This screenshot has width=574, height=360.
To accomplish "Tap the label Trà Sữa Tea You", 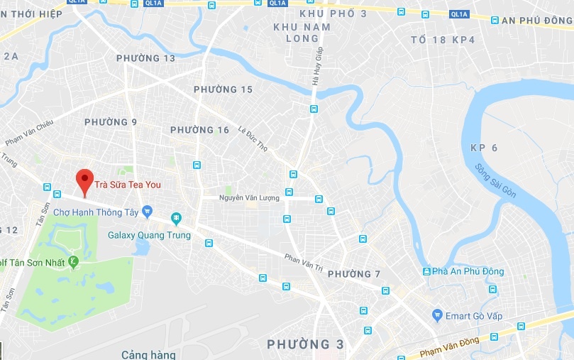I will [132, 185].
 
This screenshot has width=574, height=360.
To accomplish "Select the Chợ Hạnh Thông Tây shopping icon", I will [147, 211].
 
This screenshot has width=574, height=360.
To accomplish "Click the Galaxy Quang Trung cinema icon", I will [176, 219].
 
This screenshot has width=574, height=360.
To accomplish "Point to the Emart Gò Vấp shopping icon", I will [437, 315].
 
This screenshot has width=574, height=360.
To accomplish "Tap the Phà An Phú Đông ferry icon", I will [426, 271].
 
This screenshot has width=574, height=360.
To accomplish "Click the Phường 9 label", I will [111, 122].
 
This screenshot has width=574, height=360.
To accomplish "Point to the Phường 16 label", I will [200, 130].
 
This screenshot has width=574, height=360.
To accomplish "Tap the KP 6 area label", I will [484, 148].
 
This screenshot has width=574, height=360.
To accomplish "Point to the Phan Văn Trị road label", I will [303, 263].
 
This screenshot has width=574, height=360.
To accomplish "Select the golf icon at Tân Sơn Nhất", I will [73, 263].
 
